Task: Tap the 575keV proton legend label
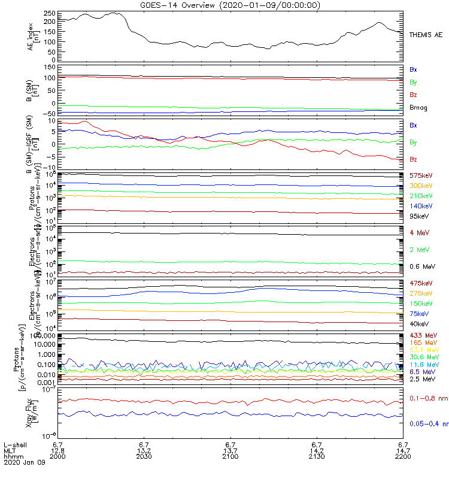point(421,175)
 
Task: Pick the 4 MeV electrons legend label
point(418,232)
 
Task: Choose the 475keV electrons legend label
point(421,283)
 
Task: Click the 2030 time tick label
point(144,456)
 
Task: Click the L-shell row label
point(13,444)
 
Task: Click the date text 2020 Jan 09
point(24,462)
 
